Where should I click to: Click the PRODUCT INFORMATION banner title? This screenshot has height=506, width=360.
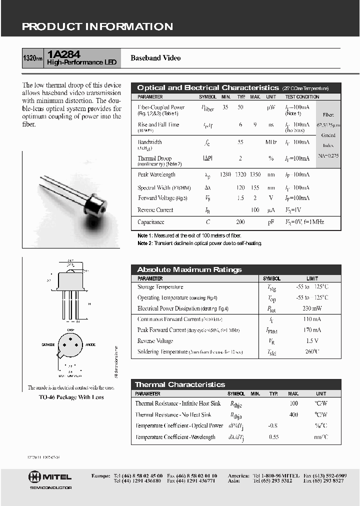pos(97,27)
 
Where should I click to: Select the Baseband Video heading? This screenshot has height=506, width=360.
pos(155,58)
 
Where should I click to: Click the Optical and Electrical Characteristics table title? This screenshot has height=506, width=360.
pos(207,87)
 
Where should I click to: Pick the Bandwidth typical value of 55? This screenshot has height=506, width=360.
pos(240,142)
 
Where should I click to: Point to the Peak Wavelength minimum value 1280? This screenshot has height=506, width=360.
pos(225,174)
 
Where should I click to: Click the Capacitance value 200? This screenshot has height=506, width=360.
pos(240,222)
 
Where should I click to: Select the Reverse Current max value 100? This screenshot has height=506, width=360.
pos(255,210)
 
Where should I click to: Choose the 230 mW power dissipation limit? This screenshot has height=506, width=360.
pos(312,308)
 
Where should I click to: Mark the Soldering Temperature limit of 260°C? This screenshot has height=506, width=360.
pos(312,352)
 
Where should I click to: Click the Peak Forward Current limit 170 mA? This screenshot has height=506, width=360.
pos(312,330)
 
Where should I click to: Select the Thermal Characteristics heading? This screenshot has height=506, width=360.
pos(180,384)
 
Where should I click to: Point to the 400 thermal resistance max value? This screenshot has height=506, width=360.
pos(293,414)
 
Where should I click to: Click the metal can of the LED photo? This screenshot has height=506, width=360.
pos(96,203)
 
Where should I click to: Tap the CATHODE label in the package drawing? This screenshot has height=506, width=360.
pos(48,345)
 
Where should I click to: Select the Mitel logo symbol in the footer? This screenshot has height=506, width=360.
pos(34,476)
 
